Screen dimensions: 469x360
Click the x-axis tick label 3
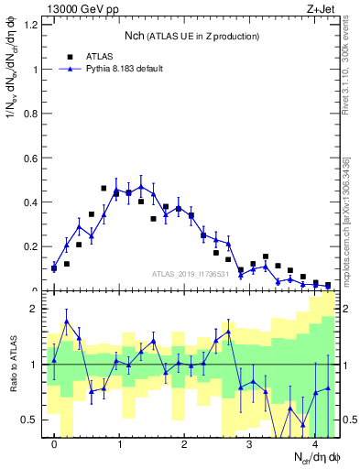pos(249,444)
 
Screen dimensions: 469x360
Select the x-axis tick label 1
pos(119,444)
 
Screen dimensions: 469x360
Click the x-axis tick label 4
pos(314,444)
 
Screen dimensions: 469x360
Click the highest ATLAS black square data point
pos(104,188)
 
